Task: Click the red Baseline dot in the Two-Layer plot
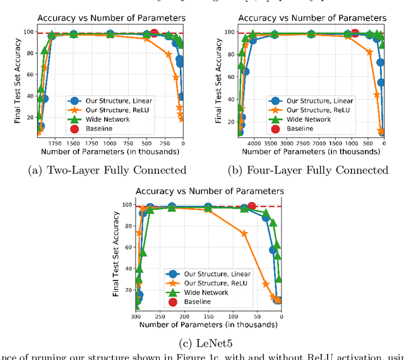[154, 33]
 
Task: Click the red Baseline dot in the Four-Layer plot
[355, 33]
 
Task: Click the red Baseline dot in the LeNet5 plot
[252, 206]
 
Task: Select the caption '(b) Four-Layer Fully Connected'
[313, 170]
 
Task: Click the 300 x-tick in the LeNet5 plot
[136, 316]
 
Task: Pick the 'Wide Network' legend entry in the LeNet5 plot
[206, 293]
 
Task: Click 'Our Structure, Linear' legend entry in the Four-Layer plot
[316, 100]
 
